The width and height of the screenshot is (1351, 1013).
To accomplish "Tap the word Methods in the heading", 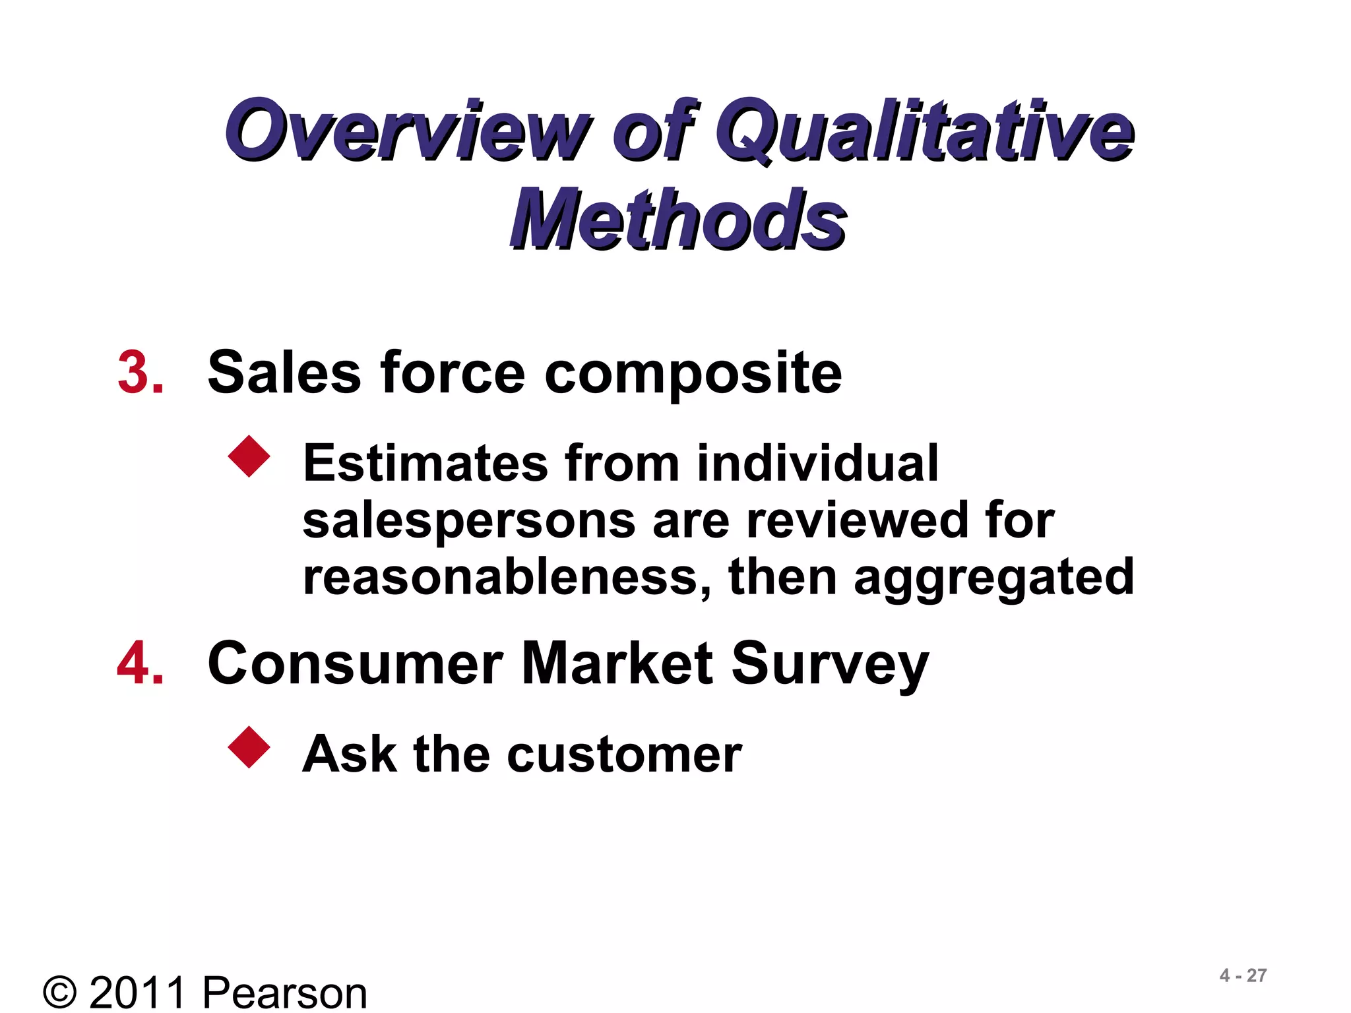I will [678, 219].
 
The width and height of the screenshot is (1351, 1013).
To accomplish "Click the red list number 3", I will [140, 373].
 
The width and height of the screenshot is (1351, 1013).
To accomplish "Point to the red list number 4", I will [140, 663].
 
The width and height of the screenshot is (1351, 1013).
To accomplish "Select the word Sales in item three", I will [284, 373].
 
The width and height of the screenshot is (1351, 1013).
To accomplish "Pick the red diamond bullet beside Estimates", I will [249, 456].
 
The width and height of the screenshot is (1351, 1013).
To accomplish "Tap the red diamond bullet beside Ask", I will [249, 747].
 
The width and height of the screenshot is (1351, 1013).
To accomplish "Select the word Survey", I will [830, 665].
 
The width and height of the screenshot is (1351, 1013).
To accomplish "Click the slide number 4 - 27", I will [1243, 975].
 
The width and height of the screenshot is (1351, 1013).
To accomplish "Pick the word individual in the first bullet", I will [817, 463].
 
